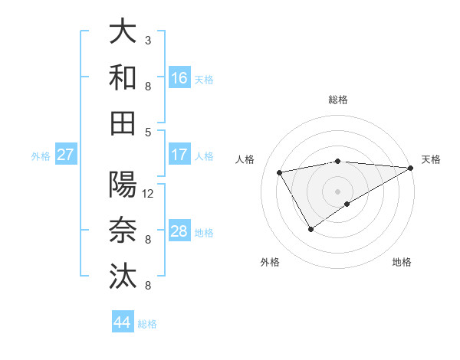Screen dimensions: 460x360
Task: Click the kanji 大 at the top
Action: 123,32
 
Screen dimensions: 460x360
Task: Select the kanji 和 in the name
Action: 123,77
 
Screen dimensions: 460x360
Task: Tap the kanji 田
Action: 123,122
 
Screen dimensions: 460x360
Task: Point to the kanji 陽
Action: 123,185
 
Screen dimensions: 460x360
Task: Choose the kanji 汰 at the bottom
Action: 123,275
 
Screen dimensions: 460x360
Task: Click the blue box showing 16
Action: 179,78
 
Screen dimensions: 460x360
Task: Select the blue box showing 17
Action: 179,155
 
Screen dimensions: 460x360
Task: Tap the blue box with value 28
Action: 179,232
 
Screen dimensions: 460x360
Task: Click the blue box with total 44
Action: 123,322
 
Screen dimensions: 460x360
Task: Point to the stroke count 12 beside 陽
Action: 149,194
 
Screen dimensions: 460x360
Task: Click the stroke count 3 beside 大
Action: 148,40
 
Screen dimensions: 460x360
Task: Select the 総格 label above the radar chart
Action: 338,100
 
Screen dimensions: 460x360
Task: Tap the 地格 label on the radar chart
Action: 402,262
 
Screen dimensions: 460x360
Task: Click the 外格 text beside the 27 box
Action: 41,156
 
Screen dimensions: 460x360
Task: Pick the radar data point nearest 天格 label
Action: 412,168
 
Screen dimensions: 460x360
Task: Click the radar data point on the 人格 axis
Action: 280,172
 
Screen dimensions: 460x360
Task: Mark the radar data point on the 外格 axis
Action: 310,228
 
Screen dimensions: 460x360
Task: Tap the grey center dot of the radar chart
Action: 338,191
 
